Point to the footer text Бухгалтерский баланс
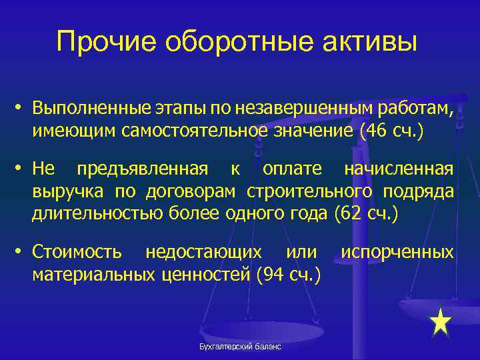[x=239, y=347]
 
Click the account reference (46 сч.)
[x=391, y=131]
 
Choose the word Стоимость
[x=77, y=253]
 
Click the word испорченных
[x=397, y=253]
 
